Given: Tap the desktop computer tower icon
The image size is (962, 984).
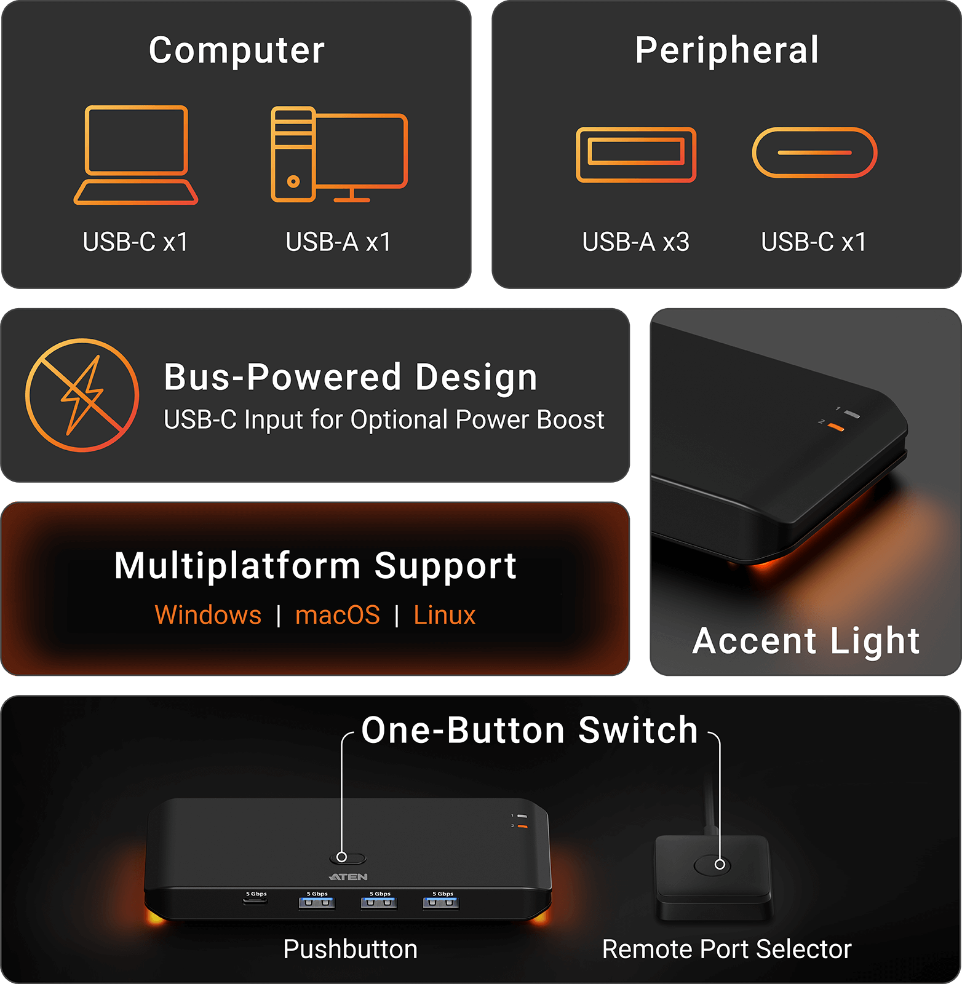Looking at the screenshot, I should (x=293, y=154).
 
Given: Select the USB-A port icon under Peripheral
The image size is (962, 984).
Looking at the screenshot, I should (x=636, y=154).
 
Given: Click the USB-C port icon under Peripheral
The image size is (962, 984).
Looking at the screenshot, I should (x=814, y=153).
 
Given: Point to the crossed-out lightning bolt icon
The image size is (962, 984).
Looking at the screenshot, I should (x=82, y=395).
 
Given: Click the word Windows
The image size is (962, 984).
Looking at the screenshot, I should (x=208, y=615).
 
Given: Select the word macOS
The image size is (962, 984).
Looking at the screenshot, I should (x=338, y=615).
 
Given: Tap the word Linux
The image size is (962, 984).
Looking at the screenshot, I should (x=445, y=615).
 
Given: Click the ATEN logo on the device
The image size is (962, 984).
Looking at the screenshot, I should (x=349, y=877).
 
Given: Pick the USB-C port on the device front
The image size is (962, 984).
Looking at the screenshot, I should (x=255, y=902).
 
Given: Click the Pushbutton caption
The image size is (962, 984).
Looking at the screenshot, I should (x=350, y=949).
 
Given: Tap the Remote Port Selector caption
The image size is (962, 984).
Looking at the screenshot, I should (x=726, y=949).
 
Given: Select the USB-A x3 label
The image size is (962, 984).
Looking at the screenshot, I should (x=635, y=242).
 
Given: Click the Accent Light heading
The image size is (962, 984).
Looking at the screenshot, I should (x=806, y=641).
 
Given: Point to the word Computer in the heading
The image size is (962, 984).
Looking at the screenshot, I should (x=237, y=50).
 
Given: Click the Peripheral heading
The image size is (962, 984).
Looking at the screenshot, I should (x=727, y=50).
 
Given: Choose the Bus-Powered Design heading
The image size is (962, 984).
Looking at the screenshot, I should (x=351, y=376).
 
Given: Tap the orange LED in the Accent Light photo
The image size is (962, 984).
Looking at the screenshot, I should (x=836, y=427).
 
